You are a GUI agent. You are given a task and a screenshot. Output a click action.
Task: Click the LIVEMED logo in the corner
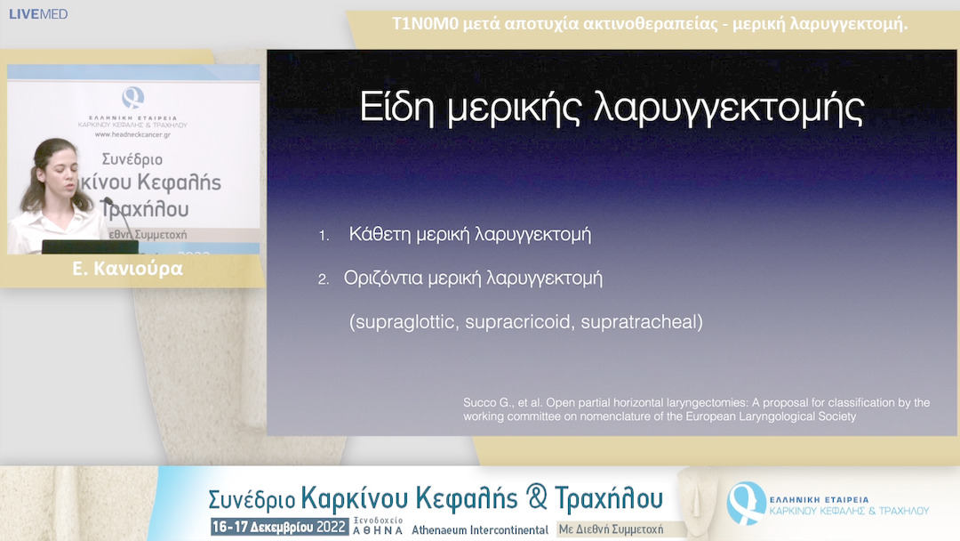pyautogui.click(x=38, y=14)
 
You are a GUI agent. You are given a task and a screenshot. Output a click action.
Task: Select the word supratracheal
pyautogui.click(x=641, y=322)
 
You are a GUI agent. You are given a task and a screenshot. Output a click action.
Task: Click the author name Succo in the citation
pyautogui.click(x=481, y=403)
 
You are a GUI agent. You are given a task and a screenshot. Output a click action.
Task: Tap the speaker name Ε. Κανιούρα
pyautogui.click(x=128, y=269)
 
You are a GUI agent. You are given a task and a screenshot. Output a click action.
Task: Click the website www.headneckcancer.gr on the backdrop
pyautogui.click(x=133, y=134)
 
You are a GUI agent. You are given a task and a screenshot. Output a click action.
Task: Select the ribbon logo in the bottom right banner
pyautogui.click(x=745, y=502)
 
